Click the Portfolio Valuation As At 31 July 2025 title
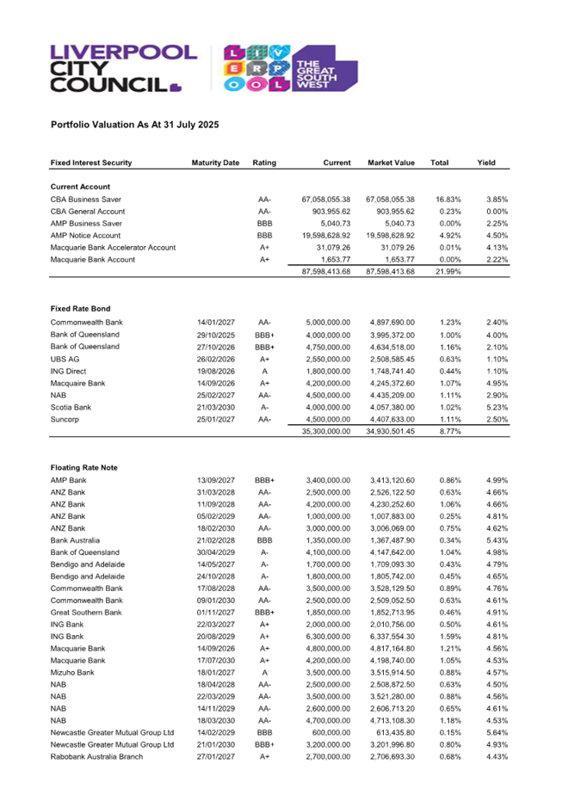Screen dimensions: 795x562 click(x=135, y=125)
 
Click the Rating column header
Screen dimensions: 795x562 click(x=264, y=163)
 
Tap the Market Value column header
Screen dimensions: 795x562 click(x=392, y=163)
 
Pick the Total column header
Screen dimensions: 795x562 click(x=440, y=163)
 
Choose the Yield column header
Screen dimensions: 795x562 click(x=485, y=163)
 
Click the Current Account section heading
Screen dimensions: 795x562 click(x=80, y=186)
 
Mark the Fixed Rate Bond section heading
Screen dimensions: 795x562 click(x=80, y=308)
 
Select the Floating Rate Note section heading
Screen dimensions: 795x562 click(x=85, y=467)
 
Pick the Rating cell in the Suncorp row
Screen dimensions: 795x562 click(x=264, y=419)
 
